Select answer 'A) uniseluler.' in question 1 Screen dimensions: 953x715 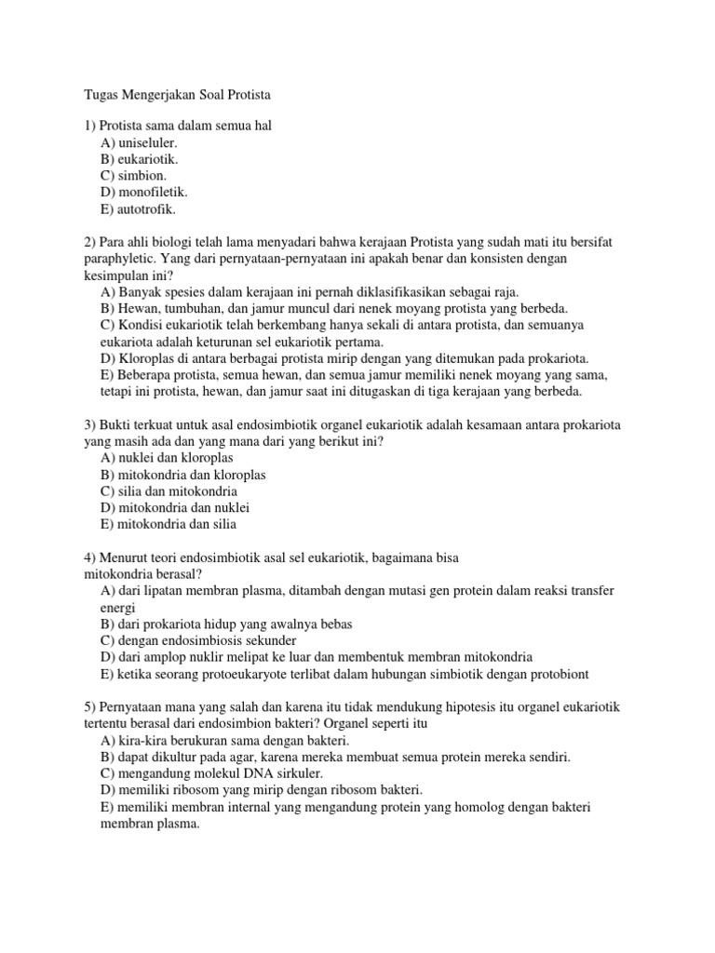[139, 143]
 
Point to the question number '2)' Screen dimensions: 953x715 [90, 241]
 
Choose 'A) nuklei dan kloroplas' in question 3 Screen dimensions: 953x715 [167, 458]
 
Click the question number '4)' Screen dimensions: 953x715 [90, 557]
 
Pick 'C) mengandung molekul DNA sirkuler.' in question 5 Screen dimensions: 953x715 [213, 773]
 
